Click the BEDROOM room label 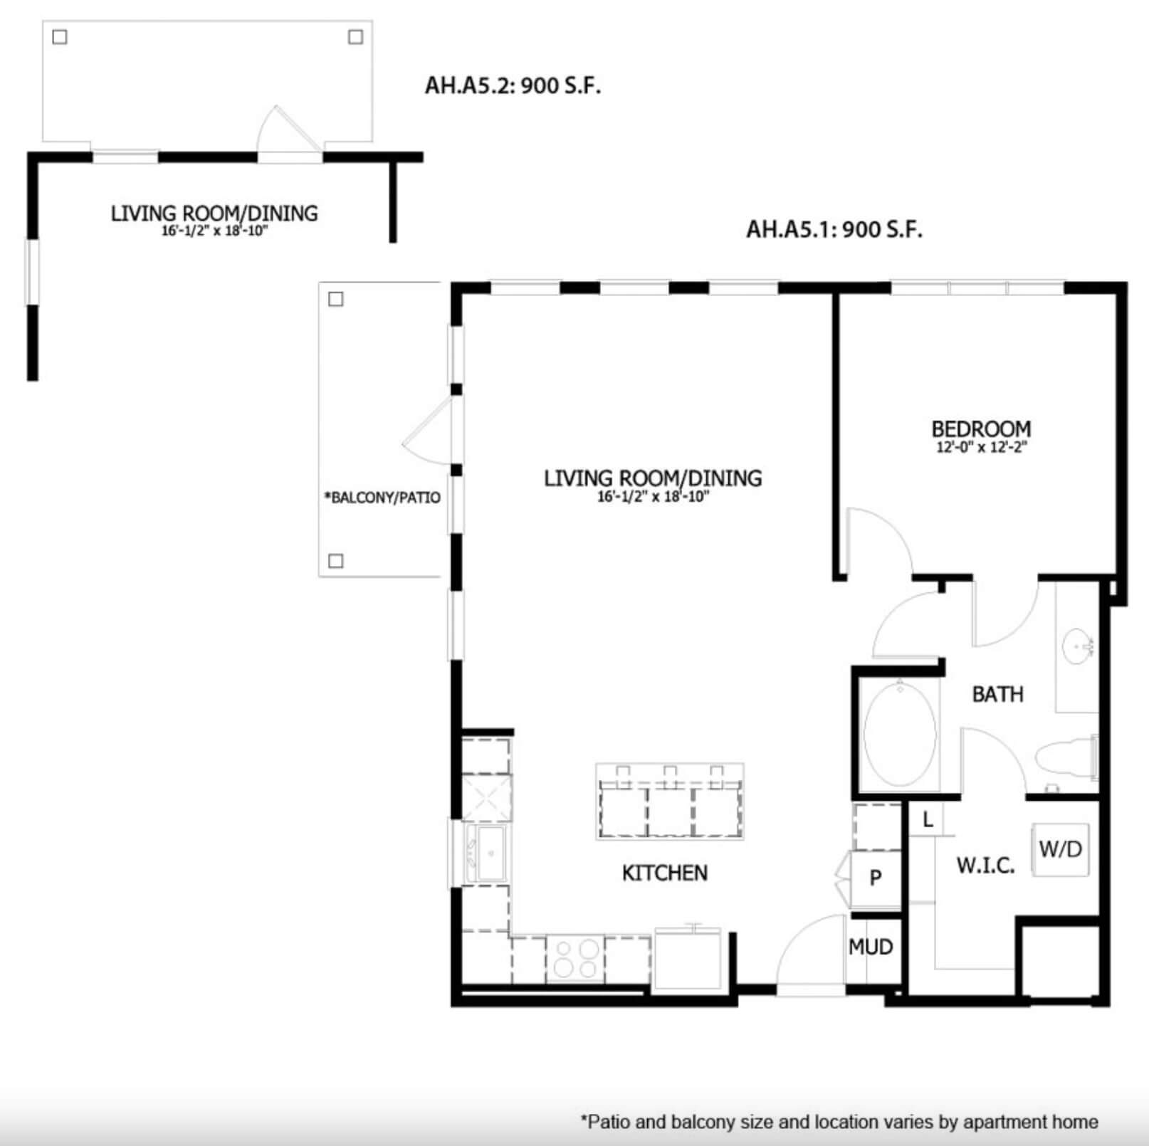[981, 429]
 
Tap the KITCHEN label [665, 873]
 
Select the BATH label [997, 694]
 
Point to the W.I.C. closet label [985, 866]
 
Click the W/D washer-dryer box [1060, 849]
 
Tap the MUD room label [871, 947]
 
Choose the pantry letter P [876, 878]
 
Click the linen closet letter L [928, 820]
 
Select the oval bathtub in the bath [900, 735]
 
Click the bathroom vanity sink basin [1076, 648]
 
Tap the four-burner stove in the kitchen [575, 959]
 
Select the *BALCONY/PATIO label [382, 498]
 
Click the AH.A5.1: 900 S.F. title [834, 229]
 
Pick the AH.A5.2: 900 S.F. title [513, 85]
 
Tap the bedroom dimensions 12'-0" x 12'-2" [981, 448]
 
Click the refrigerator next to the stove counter [687, 957]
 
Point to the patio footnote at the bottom [840, 1122]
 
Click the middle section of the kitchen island [670, 809]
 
